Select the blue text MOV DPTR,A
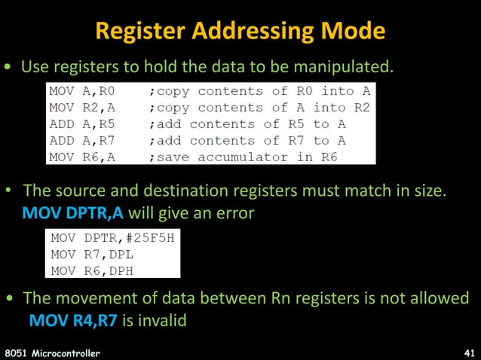[72, 213]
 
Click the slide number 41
[468, 352]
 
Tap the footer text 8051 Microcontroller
[52, 352]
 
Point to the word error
[233, 213]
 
